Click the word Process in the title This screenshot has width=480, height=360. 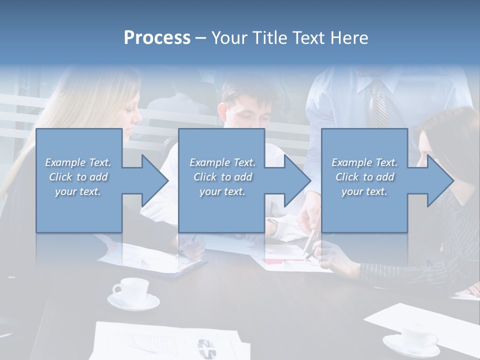pyautogui.click(x=157, y=37)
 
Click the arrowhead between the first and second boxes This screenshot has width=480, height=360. pyautogui.click(x=152, y=180)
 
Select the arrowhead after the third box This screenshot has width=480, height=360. pyautogui.click(x=438, y=180)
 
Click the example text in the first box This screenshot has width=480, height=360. pyautogui.click(x=78, y=177)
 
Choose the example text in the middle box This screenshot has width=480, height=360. pyautogui.click(x=222, y=177)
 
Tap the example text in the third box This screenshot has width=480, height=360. pyautogui.click(x=364, y=177)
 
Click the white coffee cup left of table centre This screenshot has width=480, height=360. pyautogui.click(x=131, y=289)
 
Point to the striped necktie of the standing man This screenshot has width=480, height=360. pyautogui.click(x=377, y=105)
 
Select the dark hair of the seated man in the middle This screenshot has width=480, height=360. pyautogui.click(x=242, y=90)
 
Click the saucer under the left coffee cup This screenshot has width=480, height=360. pyautogui.click(x=133, y=302)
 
